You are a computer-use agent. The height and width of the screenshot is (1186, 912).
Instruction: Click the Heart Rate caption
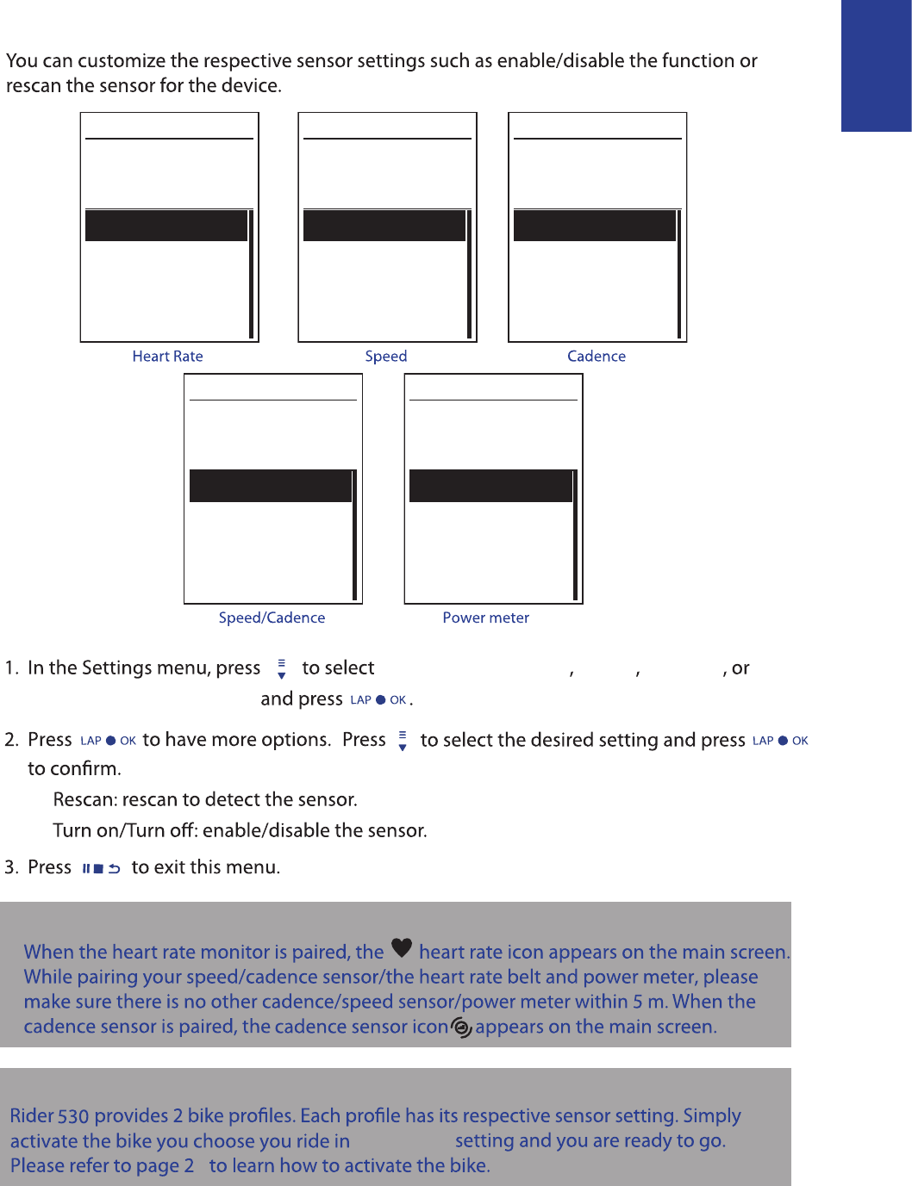point(167,357)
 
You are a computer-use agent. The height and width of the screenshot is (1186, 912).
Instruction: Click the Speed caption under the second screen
point(385,357)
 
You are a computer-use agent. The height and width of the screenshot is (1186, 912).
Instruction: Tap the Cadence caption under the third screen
point(596,357)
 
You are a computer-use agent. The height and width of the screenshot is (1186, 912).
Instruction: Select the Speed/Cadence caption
point(272,618)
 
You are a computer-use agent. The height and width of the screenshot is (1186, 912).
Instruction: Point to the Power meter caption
point(485,618)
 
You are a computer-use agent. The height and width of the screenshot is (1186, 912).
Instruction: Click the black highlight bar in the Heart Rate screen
point(166,226)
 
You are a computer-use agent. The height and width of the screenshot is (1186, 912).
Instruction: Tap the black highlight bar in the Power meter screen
point(490,486)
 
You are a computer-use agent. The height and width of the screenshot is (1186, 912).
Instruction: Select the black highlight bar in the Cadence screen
point(595,226)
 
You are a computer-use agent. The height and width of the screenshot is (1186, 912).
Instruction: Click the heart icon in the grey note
point(402,947)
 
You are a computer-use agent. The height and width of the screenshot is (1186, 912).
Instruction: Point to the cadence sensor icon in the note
point(462,1028)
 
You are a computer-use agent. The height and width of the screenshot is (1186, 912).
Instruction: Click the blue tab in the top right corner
point(876,65)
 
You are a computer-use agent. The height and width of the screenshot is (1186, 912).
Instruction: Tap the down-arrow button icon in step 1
point(281,669)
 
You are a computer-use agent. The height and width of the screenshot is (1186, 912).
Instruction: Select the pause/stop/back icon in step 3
point(101,868)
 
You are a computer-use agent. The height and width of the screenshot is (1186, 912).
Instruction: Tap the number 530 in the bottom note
point(73,1116)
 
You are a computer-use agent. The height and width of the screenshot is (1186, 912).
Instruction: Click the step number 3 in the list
point(10,867)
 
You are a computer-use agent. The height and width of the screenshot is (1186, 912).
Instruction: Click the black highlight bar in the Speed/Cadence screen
point(271,486)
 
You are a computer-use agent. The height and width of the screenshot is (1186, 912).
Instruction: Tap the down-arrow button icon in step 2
point(403,741)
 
